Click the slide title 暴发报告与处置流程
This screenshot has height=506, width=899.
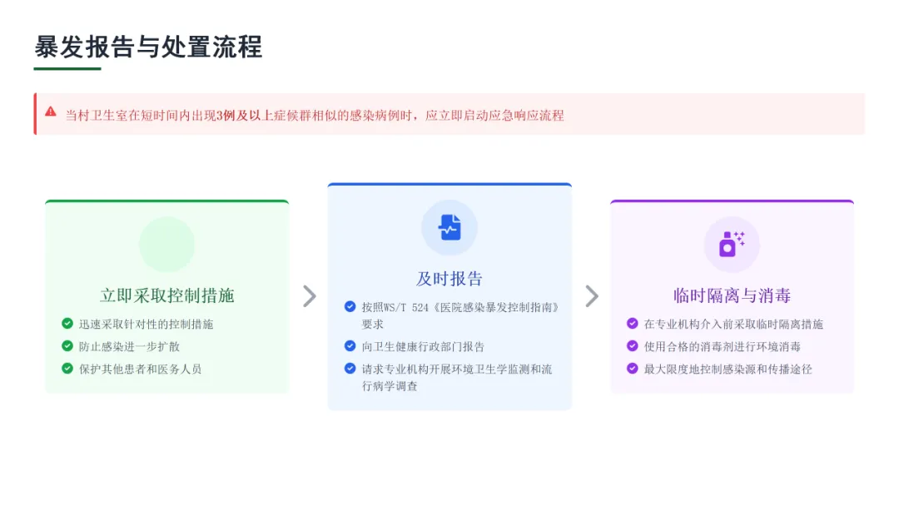point(148,47)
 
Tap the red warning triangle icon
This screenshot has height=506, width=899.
point(51,112)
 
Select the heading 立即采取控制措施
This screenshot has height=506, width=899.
point(166,295)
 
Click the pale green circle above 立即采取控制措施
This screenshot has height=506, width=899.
point(166,245)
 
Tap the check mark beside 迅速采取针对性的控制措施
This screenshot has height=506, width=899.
point(67,324)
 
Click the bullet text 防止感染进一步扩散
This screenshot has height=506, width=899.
point(129,346)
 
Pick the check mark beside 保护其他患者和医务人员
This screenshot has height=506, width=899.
point(67,369)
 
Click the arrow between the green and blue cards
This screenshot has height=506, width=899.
point(309,296)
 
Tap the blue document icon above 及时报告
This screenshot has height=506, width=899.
point(449,227)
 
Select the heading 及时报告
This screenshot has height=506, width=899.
point(449,279)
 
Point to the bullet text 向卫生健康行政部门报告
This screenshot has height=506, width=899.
point(423,346)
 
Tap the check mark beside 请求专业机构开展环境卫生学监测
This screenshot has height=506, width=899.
point(350,369)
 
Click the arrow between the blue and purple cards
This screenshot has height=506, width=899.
point(591,296)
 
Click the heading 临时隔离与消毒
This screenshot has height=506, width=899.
point(732,295)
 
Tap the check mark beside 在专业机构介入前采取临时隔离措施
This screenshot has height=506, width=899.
point(633,324)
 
